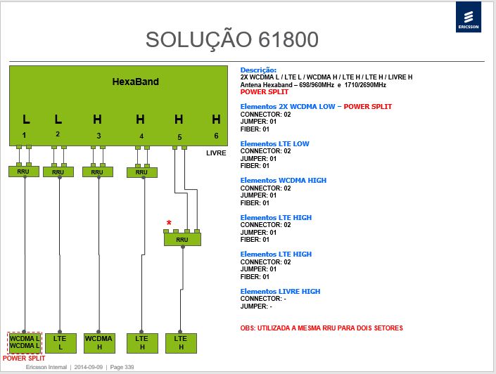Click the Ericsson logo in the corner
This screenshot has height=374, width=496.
point(468,17)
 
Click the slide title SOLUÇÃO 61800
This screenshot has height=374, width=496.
point(232,39)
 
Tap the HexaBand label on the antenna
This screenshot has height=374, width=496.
point(135,82)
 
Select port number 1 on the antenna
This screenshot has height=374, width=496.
point(24,135)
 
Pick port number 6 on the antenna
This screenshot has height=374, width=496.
point(216,136)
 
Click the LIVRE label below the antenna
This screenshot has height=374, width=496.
point(216,153)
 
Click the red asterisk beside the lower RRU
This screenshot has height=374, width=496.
point(169,223)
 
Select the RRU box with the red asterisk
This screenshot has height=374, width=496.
point(182,239)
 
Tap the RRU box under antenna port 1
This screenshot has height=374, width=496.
point(24,172)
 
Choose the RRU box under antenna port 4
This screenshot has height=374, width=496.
point(141,172)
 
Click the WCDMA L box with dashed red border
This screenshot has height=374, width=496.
point(25,342)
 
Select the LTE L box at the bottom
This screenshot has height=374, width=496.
point(61,343)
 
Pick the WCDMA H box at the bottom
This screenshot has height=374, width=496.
point(99,343)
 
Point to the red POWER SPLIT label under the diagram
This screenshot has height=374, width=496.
point(24,359)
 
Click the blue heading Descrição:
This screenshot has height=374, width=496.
point(258,70)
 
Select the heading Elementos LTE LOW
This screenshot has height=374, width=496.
point(274,144)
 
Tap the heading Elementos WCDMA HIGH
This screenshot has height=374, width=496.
point(283,181)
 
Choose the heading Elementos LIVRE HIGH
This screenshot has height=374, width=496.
point(280,292)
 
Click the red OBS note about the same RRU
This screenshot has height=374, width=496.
point(322,328)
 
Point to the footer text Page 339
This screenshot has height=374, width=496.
point(122,367)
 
